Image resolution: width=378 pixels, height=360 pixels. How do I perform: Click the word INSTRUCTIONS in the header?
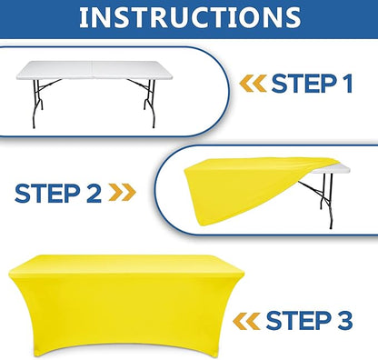190,17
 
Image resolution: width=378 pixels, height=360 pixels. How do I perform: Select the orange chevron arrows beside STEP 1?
253,84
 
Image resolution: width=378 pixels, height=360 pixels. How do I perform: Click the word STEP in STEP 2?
46,194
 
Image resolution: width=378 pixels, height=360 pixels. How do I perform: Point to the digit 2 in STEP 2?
94,194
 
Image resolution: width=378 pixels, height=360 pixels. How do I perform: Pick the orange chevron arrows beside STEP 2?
122,193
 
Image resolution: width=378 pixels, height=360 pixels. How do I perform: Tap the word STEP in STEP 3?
298,320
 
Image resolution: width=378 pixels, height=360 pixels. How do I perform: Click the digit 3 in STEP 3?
344,320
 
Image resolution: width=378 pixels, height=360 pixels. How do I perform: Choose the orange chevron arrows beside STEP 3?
246,321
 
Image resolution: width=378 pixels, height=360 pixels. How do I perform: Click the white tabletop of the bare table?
94,70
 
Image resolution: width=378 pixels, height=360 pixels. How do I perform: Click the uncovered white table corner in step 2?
333,169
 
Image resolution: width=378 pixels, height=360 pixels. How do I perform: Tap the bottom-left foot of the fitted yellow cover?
38,352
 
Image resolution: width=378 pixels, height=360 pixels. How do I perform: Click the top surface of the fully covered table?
125,263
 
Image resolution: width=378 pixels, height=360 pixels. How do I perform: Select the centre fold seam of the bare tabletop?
93,69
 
